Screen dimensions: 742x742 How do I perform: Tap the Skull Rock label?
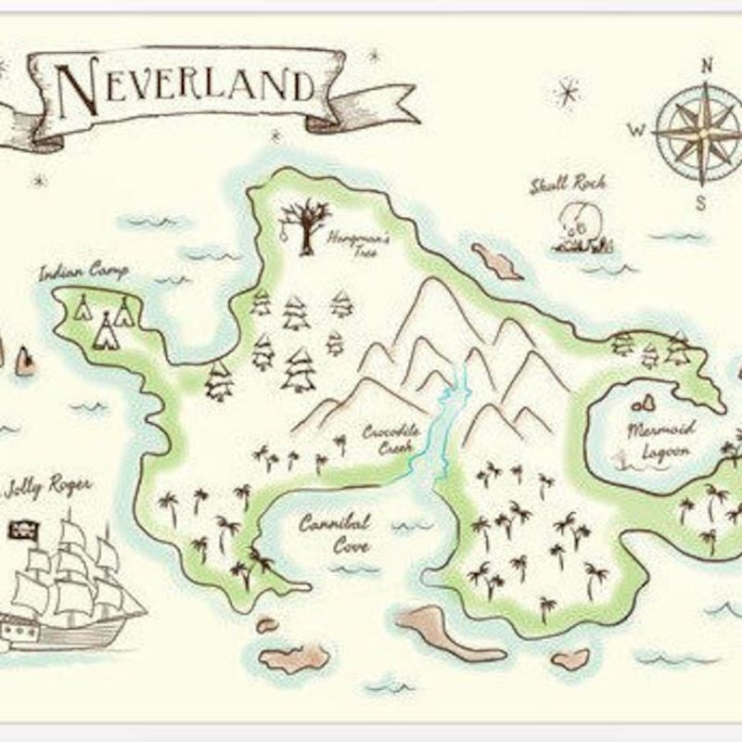[x=568, y=185]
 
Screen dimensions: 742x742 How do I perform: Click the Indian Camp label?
[x=83, y=272]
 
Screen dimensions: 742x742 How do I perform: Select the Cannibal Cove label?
[x=335, y=534]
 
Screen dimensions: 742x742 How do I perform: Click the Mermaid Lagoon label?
[x=659, y=441]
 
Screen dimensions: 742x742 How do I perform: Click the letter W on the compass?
[x=637, y=131]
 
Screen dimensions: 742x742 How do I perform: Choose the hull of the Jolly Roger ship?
[x=65, y=631]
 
